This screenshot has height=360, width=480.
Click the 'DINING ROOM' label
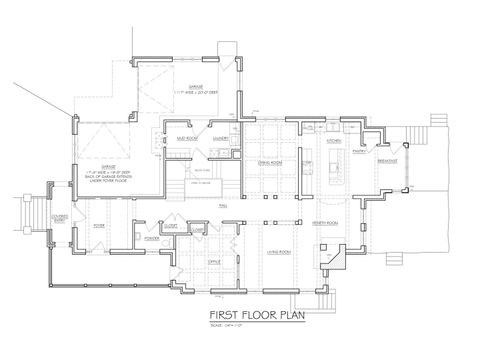tap(267, 161)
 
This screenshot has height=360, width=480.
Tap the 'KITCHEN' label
tap(334, 141)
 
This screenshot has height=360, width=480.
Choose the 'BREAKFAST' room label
tap(389, 161)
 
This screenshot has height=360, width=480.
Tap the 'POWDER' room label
tap(152, 239)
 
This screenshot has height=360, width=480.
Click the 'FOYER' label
tap(100, 225)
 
